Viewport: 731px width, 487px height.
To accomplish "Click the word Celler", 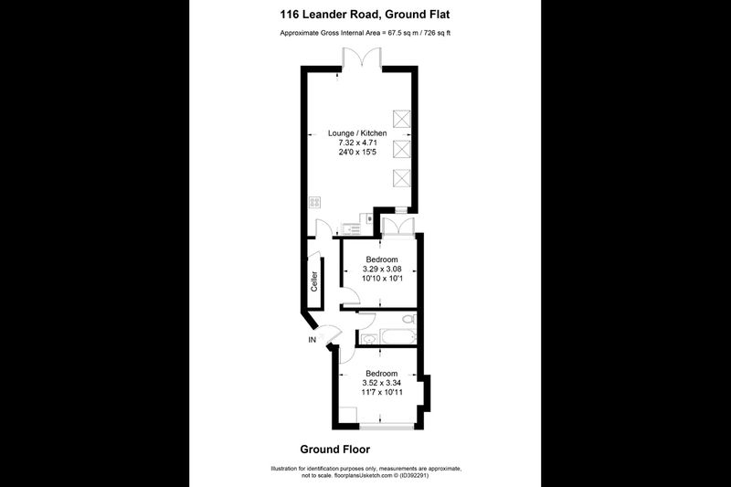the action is pos(314,281).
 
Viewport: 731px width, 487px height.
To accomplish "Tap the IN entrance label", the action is pos(312,340).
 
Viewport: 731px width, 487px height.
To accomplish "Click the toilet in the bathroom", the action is pos(408,320).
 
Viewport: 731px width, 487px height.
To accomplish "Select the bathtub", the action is pos(397,336).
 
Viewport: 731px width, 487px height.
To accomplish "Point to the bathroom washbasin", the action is pos(368,339).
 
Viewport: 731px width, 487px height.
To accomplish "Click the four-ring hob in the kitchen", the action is pos(314,202).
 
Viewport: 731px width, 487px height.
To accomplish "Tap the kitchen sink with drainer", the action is pos(351,228).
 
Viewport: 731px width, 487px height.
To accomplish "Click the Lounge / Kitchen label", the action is pos(357,133).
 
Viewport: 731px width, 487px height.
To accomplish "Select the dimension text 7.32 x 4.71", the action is pos(357,143).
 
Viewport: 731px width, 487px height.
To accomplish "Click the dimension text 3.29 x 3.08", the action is pos(382,269).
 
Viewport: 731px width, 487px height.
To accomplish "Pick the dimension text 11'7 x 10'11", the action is pos(382,392).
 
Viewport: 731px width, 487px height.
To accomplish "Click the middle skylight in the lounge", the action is pos(401,149).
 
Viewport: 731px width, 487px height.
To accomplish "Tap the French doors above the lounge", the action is pos(362,58).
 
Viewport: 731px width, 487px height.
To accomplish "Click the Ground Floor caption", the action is pos(334,450).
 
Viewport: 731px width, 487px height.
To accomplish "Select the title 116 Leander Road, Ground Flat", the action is pos(365,15).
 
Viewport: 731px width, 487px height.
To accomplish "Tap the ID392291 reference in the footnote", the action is pos(413,476).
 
